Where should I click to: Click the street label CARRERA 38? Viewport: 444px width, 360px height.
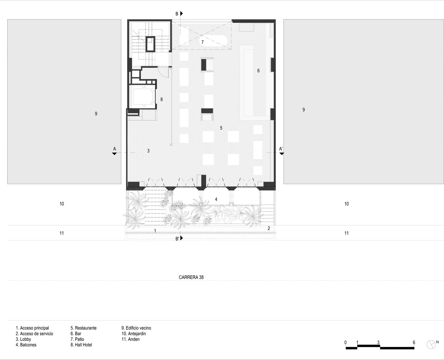191,277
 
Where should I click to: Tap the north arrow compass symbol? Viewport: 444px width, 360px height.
431,345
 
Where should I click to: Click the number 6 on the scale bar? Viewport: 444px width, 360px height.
414,342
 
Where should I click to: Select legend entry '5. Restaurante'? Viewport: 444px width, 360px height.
84,328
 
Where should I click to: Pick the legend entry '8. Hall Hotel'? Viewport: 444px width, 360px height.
81,345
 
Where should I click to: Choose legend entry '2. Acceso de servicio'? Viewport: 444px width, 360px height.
34,334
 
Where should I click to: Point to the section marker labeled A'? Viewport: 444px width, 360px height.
281,149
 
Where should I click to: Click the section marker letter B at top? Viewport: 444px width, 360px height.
177,14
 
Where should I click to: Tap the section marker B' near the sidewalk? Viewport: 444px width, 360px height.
177,238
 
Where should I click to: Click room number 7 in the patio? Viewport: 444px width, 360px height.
202,42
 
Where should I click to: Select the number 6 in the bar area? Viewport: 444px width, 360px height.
258,71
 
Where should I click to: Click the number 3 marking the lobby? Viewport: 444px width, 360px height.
148,151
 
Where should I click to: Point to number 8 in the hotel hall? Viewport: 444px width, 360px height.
161,99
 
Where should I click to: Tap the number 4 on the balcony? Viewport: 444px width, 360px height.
216,199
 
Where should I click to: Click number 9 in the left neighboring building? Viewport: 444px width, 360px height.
96,114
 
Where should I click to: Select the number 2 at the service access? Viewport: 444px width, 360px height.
269,228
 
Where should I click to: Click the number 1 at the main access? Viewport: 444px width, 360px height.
155,231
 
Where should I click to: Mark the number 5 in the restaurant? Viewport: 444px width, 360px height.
221,128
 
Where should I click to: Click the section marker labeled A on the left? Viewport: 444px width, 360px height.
115,149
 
